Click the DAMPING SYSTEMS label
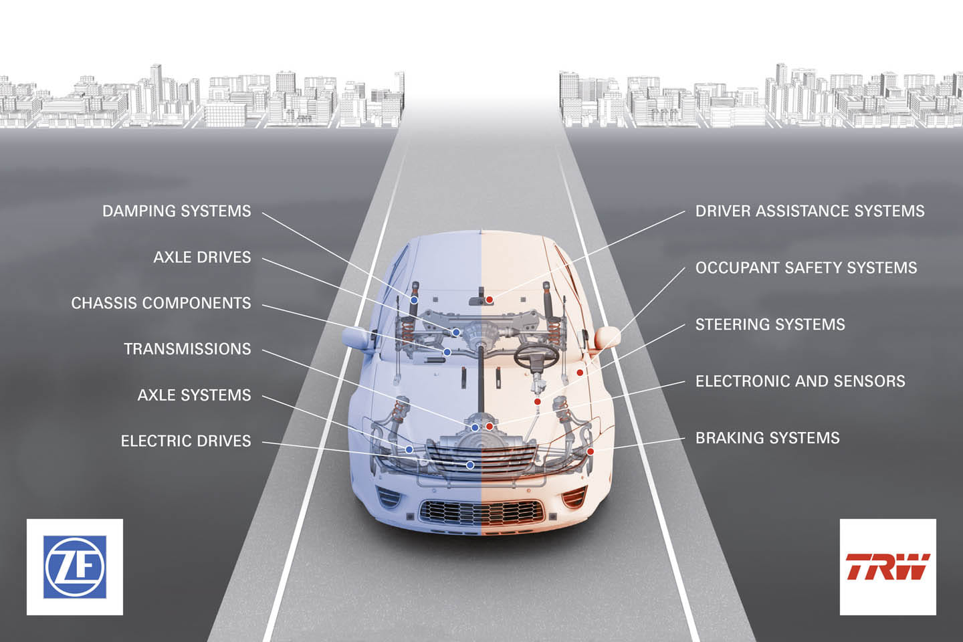[x=177, y=211]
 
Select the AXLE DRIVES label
[x=202, y=257]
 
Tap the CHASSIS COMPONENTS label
[x=161, y=303]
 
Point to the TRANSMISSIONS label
[x=187, y=349]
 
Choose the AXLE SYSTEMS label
[x=194, y=395]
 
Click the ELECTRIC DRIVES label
[x=186, y=441]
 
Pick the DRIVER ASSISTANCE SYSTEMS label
[x=809, y=211]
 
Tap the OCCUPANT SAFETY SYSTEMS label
[x=806, y=268]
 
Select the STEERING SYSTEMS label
[x=770, y=325]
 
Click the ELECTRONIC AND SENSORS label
[x=800, y=382]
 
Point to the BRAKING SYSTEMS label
[x=767, y=439]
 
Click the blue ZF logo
[x=75, y=567]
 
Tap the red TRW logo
[x=887, y=566]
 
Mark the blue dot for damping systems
[x=415, y=300]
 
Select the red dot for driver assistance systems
[x=490, y=300]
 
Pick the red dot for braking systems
[x=591, y=451]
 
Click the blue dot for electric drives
[x=470, y=465]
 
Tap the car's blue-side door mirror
[x=356, y=337]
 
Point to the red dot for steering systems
[x=537, y=402]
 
